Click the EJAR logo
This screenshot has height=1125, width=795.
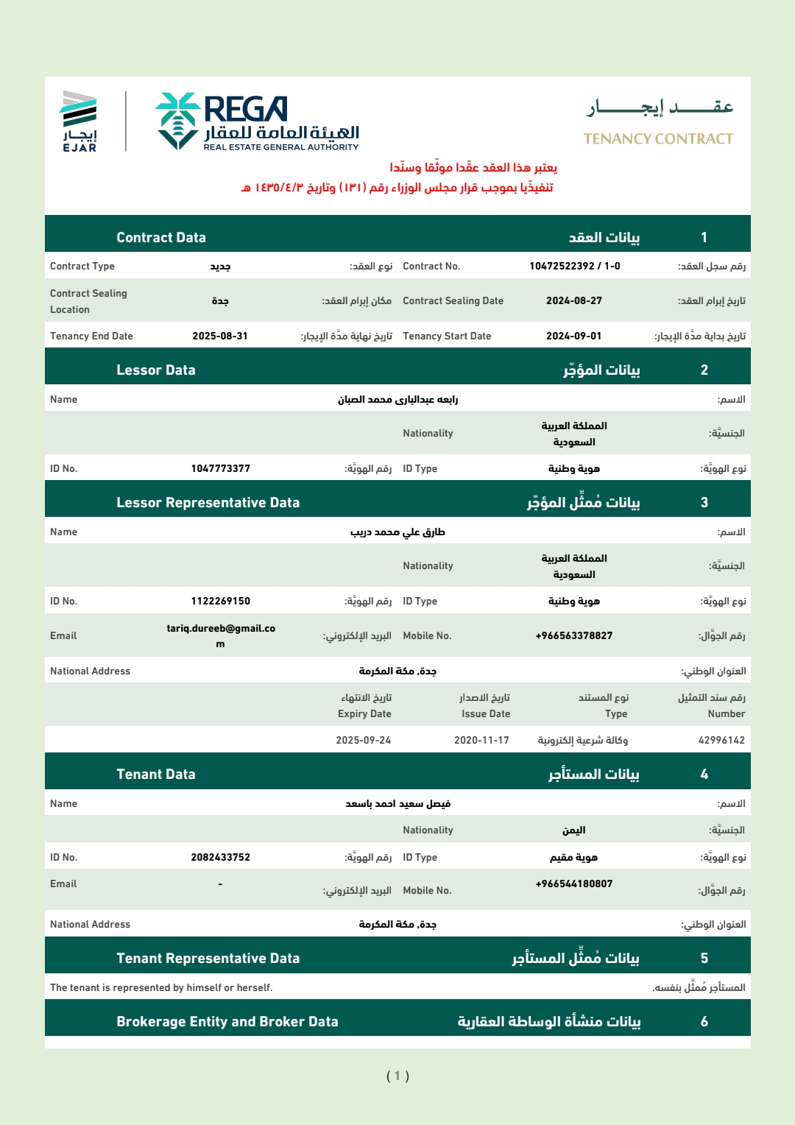pos(79,121)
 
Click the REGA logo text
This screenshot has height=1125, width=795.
pos(245,110)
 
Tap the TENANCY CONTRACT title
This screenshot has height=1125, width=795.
pos(658,138)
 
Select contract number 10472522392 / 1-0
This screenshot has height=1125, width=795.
pos(574,266)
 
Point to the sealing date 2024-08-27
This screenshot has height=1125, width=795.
pos(573,300)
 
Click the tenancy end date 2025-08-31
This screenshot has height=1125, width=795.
pos(220,336)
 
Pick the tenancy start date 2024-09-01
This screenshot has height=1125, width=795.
pos(573,336)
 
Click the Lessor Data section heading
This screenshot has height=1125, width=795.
pos(156,370)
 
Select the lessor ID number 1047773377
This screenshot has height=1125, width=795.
pos(220,468)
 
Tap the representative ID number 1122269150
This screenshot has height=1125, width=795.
pos(220,601)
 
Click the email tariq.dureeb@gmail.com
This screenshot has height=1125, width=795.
pos(220,635)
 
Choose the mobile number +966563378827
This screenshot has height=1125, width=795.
pos(573,635)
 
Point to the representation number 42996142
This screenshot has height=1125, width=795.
pos(721,740)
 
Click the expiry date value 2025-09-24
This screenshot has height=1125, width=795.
pos(364,740)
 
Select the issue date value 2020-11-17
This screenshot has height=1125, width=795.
pos(481,740)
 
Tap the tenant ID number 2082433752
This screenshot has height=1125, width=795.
pos(220,857)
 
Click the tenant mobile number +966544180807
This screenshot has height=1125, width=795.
pos(573,884)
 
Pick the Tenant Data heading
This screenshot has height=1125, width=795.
pos(156,774)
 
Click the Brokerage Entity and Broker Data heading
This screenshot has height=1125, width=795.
pos(227,1021)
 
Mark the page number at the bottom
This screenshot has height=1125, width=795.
pos(397,1076)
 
